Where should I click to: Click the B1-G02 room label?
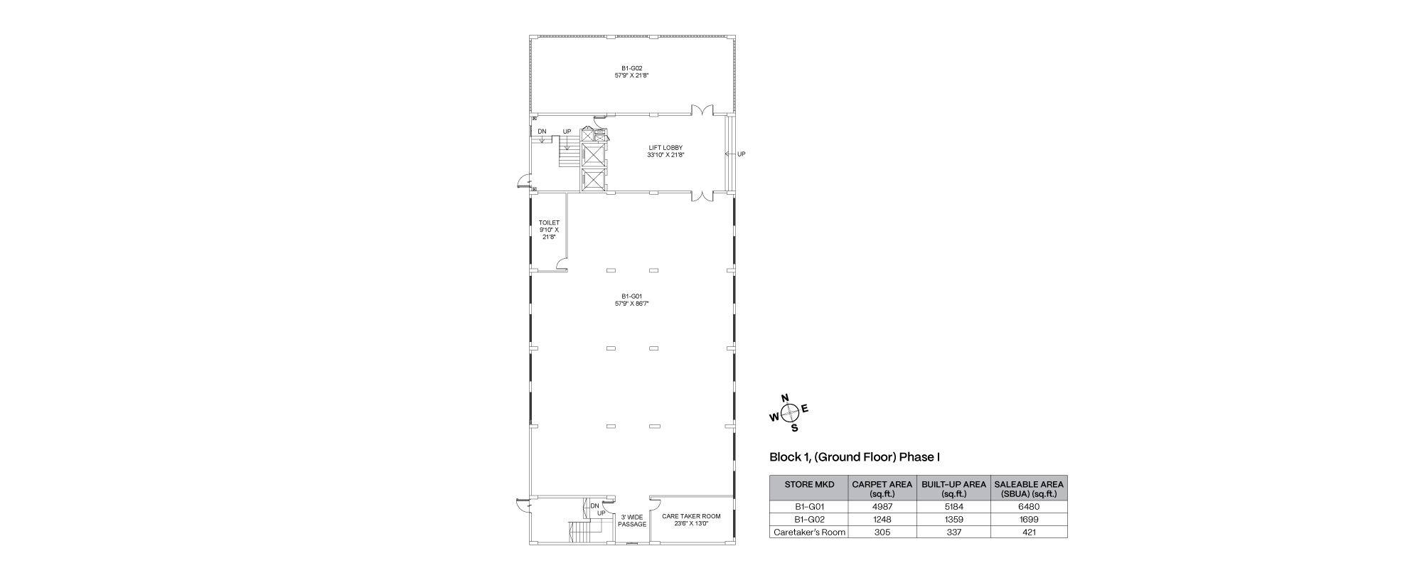click(x=631, y=71)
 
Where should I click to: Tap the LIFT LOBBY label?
click(x=665, y=151)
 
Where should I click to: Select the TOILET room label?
click(x=549, y=230)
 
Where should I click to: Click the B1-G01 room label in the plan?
click(x=631, y=300)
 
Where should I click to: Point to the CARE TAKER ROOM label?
click(x=691, y=520)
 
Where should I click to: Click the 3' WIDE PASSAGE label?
click(x=632, y=521)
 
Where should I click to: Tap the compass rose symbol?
click(x=789, y=413)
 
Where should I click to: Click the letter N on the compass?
click(x=785, y=398)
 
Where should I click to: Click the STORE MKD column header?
click(x=808, y=484)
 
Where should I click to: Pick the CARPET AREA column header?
click(x=882, y=488)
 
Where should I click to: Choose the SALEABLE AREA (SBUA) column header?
click(x=1029, y=488)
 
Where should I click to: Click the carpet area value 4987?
click(x=882, y=507)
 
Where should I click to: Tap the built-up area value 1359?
click(x=953, y=520)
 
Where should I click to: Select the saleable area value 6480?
click(x=1029, y=507)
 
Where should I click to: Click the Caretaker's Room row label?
click(x=809, y=532)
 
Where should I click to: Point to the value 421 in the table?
click(x=1029, y=532)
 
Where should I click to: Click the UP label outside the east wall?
click(x=742, y=154)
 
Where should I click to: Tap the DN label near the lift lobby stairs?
click(x=542, y=132)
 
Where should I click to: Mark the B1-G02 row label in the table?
click(x=808, y=520)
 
